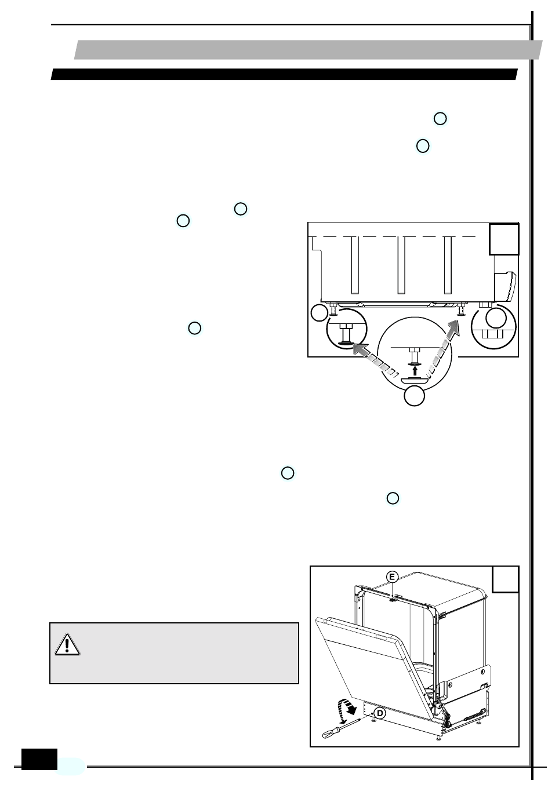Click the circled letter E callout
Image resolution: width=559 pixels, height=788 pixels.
pyautogui.click(x=393, y=577)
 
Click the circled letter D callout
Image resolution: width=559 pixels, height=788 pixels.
pyautogui.click(x=379, y=713)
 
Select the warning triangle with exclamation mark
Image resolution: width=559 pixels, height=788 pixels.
pyautogui.click(x=67, y=644)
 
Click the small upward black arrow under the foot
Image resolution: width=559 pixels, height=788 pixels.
pyautogui.click(x=415, y=369)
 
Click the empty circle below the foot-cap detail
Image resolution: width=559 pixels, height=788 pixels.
pyautogui.click(x=414, y=397)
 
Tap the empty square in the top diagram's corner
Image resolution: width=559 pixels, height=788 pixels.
pyautogui.click(x=503, y=239)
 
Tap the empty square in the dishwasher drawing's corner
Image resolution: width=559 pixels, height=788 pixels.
pyautogui.click(x=505, y=579)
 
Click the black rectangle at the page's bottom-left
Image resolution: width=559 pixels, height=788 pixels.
pyautogui.click(x=39, y=759)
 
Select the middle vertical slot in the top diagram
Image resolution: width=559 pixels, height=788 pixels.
pyautogui.click(x=401, y=265)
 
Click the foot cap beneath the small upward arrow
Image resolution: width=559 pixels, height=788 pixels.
pyautogui.click(x=414, y=380)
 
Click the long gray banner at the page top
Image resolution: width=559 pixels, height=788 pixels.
pyautogui.click(x=307, y=50)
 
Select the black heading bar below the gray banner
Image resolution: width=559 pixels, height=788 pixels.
pyautogui.click(x=284, y=75)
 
